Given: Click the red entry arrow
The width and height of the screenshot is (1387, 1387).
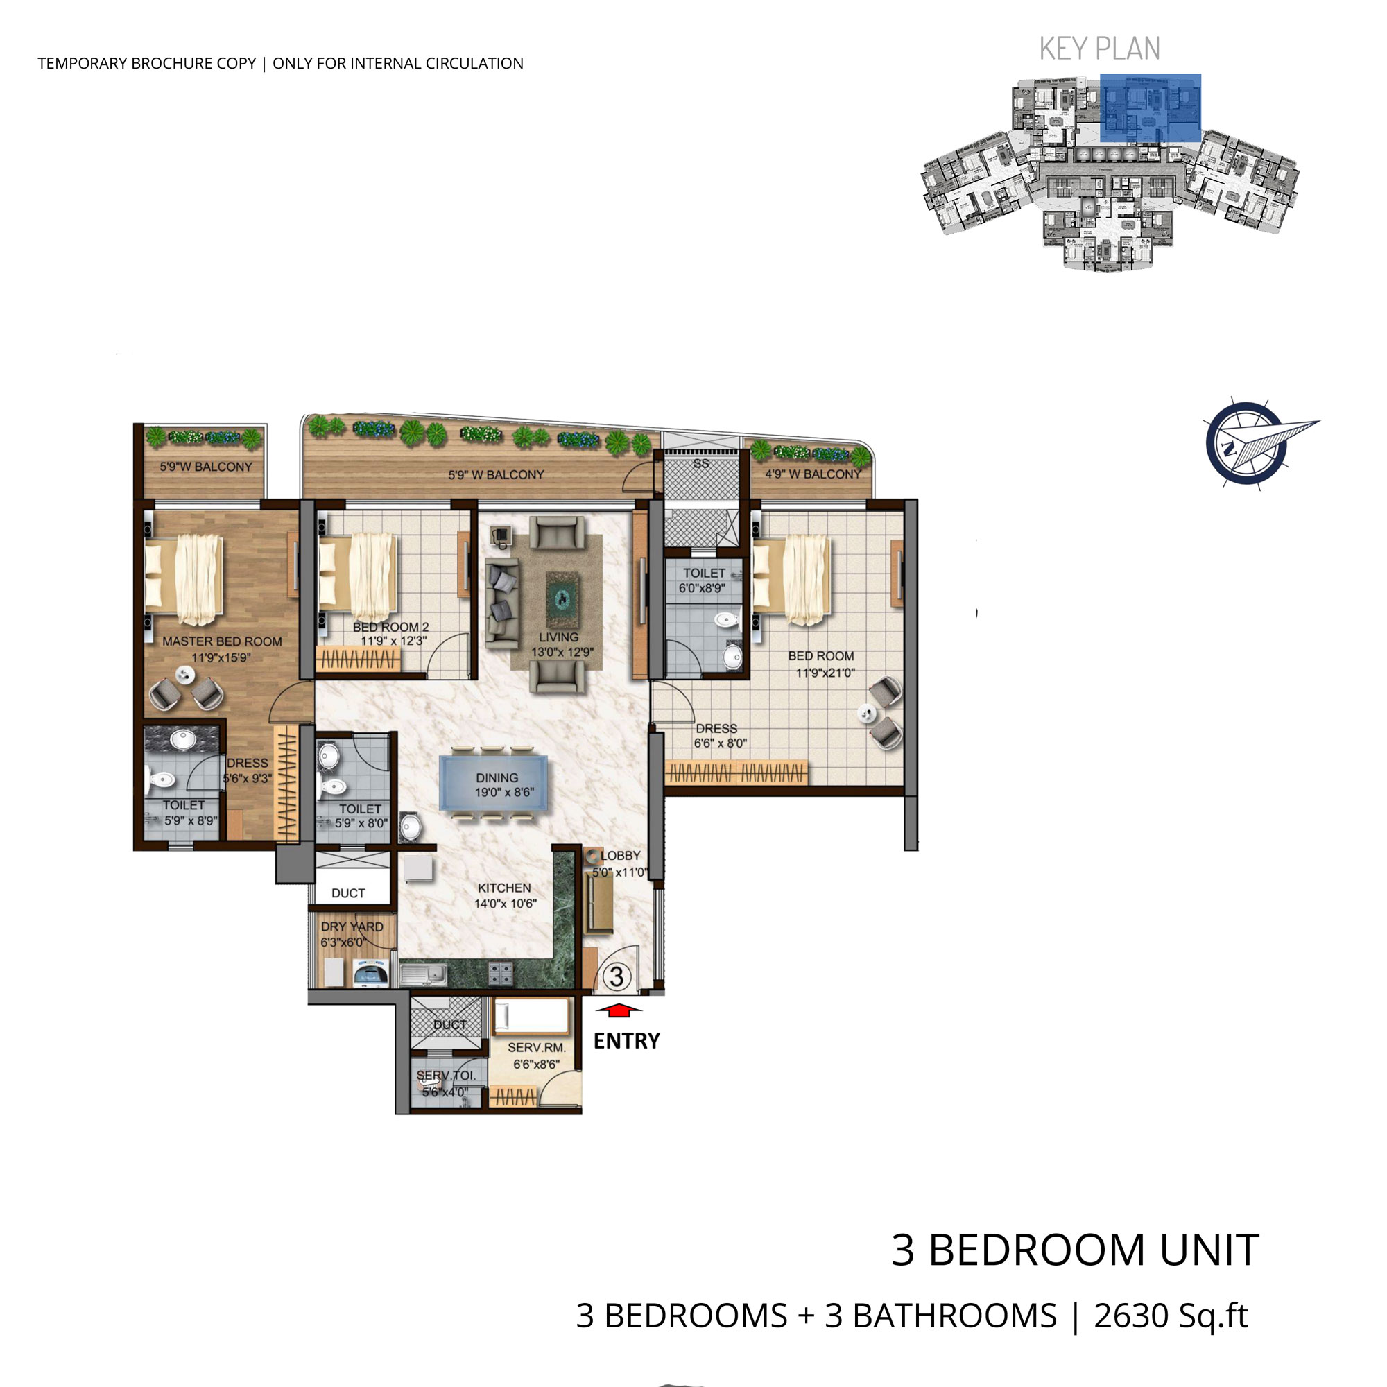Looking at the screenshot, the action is [617, 1011].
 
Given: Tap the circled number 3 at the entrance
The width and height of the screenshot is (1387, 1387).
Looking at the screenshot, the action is [617, 977].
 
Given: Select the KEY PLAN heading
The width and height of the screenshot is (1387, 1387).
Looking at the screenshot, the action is [1099, 49].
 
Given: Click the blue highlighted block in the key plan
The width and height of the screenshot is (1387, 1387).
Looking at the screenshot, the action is [1150, 107].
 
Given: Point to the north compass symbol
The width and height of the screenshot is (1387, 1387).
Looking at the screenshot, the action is [1252, 444].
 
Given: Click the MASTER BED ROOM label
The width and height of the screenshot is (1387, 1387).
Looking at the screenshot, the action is [222, 641].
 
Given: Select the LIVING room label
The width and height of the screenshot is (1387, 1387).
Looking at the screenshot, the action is [558, 637].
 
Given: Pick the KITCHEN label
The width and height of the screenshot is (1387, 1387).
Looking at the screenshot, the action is [504, 888].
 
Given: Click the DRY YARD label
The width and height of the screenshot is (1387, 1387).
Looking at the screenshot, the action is [352, 927].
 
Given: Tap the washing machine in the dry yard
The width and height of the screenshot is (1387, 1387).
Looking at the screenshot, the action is [371, 974].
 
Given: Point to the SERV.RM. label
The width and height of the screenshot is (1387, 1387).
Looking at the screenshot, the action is [536, 1047].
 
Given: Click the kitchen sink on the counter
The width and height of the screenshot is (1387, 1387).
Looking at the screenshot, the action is [424, 974].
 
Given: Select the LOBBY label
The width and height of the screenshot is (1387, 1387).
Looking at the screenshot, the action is [620, 855].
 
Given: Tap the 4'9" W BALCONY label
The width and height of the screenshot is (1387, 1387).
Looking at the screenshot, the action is [813, 474].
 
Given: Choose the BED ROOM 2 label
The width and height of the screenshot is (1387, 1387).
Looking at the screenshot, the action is [390, 627].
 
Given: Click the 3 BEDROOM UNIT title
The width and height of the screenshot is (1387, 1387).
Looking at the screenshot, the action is [1075, 1250].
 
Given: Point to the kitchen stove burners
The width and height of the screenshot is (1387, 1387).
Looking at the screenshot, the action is [501, 974].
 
